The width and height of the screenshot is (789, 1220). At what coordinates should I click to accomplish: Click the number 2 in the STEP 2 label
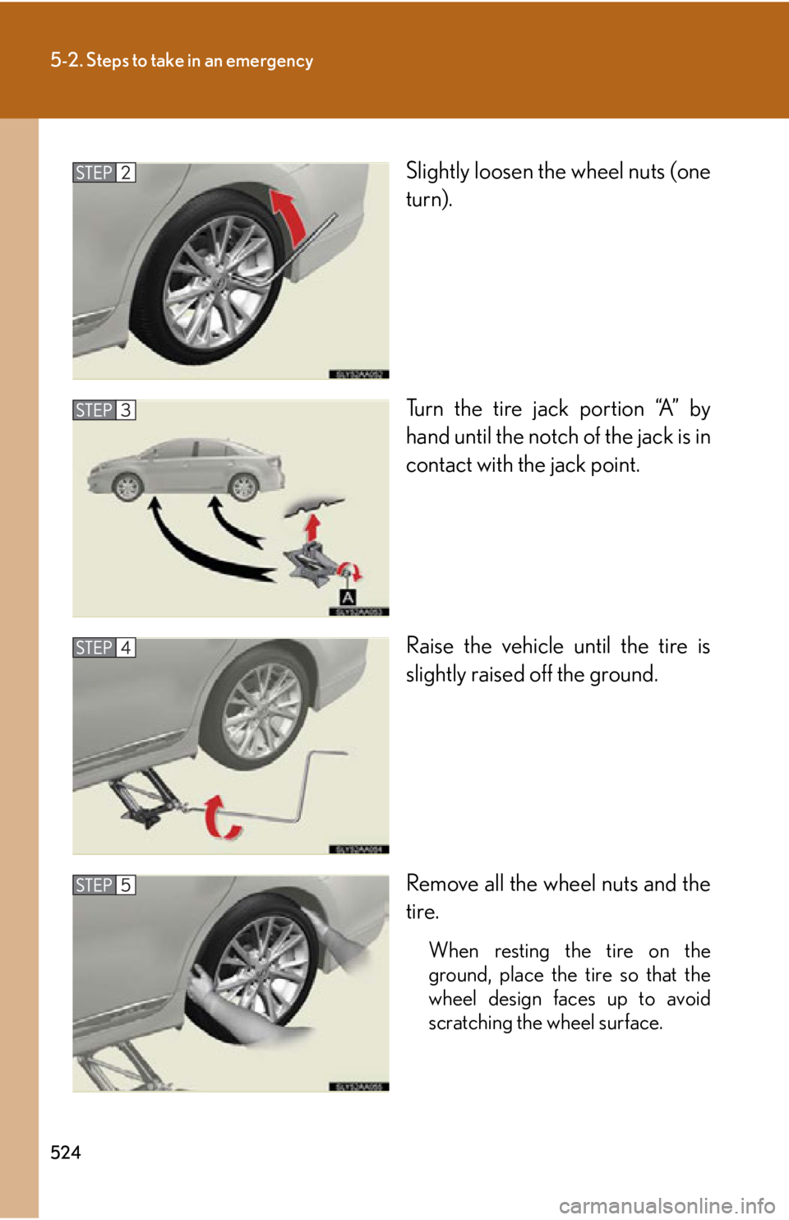pyautogui.click(x=126, y=173)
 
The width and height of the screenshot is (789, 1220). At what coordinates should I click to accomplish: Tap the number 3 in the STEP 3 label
pyautogui.click(x=126, y=410)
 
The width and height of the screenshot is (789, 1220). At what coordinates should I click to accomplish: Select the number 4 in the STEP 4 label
pyautogui.click(x=126, y=648)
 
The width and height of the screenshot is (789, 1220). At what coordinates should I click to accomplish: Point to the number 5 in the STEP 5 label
pyautogui.click(x=126, y=885)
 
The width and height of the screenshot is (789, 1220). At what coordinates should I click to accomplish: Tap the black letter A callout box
pyautogui.click(x=348, y=598)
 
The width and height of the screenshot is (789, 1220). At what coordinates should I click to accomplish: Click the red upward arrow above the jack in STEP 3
pyautogui.click(x=311, y=526)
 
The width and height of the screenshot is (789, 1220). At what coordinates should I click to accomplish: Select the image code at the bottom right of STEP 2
pyautogui.click(x=359, y=374)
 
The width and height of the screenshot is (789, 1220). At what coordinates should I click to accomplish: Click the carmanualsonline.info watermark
pyautogui.click(x=666, y=1206)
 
